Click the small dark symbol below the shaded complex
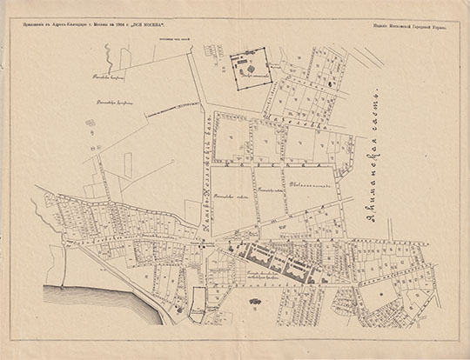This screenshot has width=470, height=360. (x=255, y=300)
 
